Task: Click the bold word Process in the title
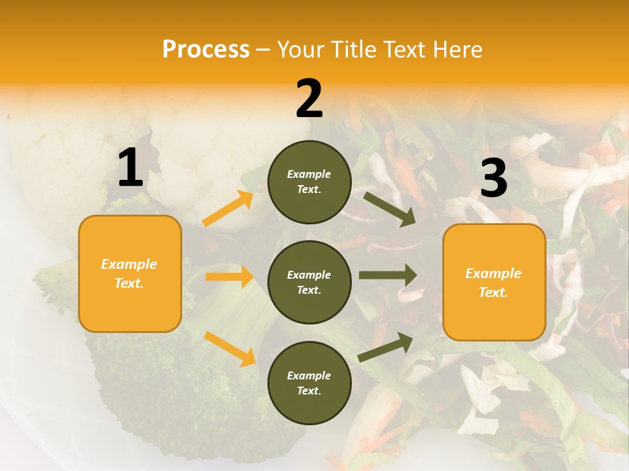206,50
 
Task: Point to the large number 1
130,168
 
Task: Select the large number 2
309,99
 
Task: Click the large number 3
493,179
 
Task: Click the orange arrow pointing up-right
228,209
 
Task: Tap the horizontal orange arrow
229,277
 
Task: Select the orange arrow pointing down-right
229,348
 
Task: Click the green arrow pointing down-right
389,209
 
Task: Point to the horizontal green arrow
388,275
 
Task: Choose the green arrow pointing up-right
385,347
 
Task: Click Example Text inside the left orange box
129,273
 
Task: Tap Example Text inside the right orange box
493,283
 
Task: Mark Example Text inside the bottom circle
309,383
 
